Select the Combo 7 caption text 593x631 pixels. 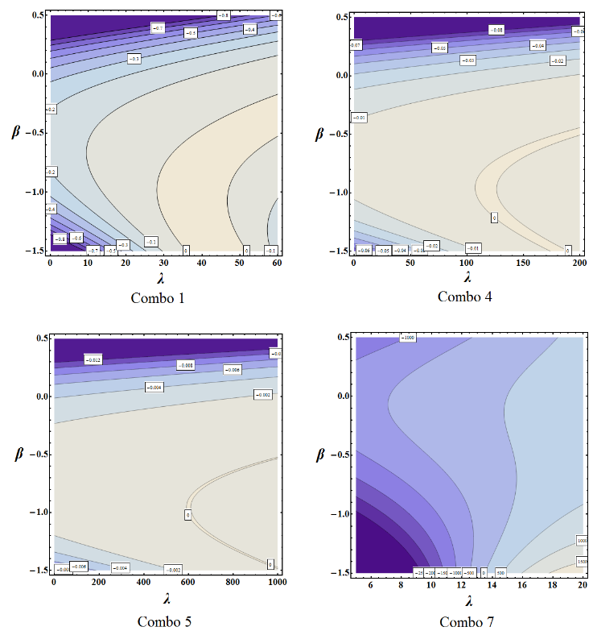(467, 621)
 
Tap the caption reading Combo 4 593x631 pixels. (465, 297)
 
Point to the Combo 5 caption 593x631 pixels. (164, 621)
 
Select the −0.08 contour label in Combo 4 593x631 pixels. (497, 30)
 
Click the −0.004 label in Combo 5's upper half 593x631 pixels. (155, 388)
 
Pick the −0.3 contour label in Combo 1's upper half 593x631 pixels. (134, 58)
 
